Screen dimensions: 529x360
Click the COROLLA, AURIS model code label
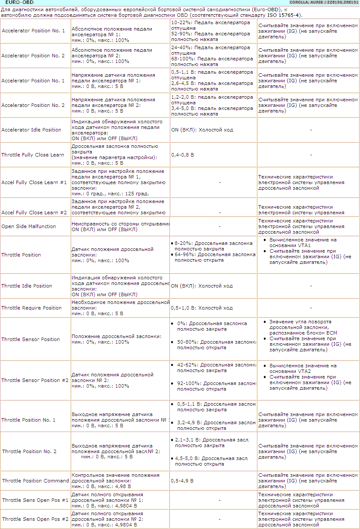(324, 3)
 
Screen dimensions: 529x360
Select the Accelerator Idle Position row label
(31, 130)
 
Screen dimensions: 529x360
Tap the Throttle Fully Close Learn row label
(33, 155)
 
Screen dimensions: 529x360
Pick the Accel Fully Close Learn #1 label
(34, 182)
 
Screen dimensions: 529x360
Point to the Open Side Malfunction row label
(29, 226)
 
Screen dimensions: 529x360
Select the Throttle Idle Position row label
(27, 286)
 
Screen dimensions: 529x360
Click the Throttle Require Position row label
(31, 308)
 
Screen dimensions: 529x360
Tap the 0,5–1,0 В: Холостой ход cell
(202, 308)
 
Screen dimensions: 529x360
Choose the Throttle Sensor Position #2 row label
(35, 380)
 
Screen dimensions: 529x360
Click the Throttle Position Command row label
(35, 481)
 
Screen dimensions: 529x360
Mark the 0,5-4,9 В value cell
(182, 480)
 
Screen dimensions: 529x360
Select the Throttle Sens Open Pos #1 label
(35, 500)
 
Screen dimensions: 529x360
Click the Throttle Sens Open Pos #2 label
(35, 519)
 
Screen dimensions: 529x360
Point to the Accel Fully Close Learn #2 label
(34, 213)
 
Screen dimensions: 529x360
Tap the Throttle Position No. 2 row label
(29, 451)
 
